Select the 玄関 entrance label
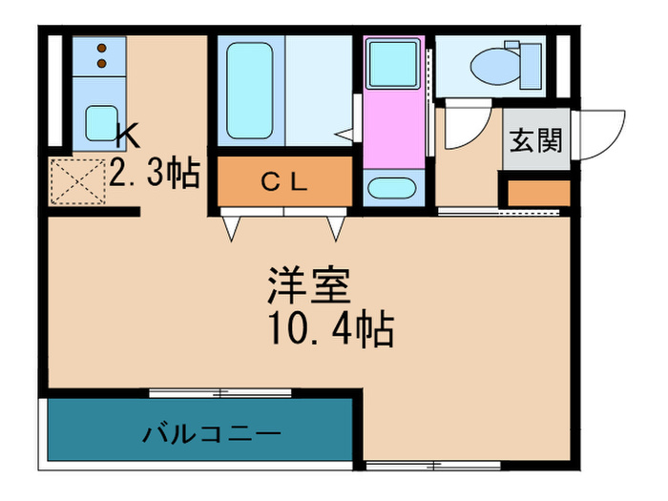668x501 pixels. click(534, 140)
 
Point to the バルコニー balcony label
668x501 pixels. click(212, 434)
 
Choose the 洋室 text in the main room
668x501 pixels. click(309, 283)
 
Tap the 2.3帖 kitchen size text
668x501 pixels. click(154, 173)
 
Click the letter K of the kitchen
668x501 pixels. click(128, 136)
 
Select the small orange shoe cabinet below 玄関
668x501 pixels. click(538, 192)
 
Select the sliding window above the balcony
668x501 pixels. click(219, 393)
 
